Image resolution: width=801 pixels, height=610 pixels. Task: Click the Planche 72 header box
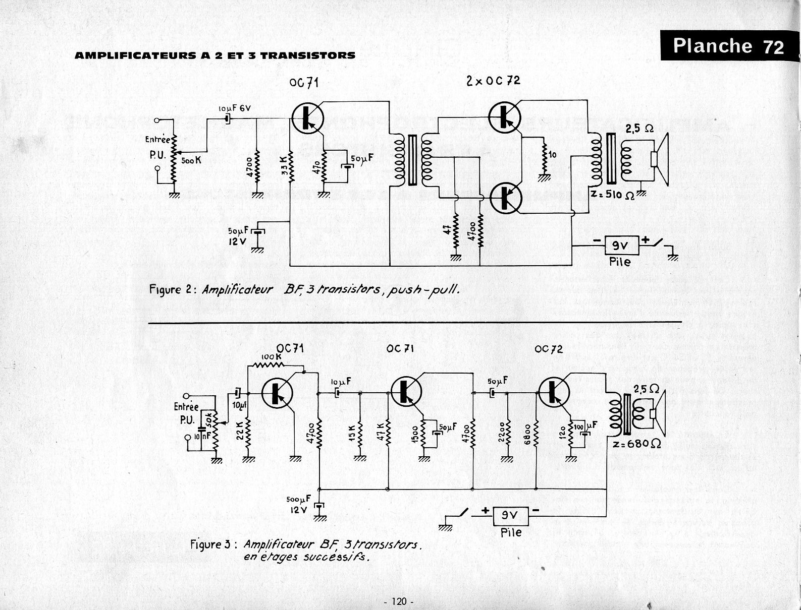[728, 46]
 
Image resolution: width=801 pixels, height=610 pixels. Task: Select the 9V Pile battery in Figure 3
[511, 516]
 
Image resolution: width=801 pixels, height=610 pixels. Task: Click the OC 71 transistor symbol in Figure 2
[307, 117]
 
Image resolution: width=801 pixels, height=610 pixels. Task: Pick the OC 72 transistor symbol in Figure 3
[554, 392]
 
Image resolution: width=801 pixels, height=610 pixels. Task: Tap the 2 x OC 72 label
[493, 81]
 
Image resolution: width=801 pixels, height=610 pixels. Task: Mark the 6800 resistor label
[527, 432]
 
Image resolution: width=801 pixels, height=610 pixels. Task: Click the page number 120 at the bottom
[399, 601]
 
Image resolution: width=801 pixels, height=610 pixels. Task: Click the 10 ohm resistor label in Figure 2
[553, 155]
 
